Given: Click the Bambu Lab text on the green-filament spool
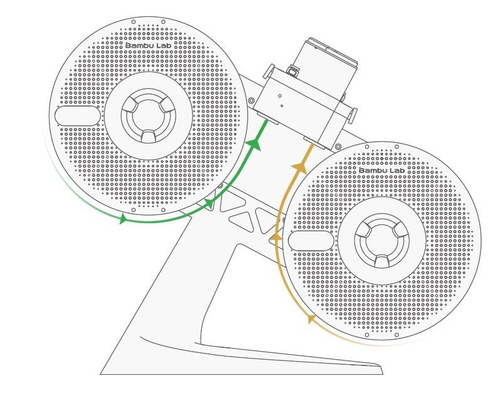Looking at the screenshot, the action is [149, 46].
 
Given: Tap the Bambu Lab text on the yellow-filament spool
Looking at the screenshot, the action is [381, 170].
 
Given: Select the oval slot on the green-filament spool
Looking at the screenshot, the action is [77, 116].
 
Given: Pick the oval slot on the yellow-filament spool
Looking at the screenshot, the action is [311, 241].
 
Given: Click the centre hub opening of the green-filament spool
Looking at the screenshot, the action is [149, 116].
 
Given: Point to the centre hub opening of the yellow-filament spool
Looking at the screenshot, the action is [382, 241].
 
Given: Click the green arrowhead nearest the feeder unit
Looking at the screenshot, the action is [254, 145].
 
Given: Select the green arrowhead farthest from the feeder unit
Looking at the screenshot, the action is [123, 218].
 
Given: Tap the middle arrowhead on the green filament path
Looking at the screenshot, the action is [209, 204].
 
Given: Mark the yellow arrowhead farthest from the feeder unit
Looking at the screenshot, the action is [310, 318].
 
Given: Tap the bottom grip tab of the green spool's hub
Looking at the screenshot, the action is [149, 136].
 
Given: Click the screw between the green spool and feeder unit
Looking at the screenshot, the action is [251, 100].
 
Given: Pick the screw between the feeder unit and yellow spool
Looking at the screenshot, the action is [338, 147].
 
